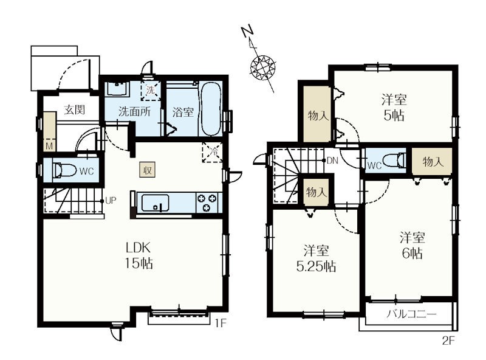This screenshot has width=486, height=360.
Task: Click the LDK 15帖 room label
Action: (139, 256)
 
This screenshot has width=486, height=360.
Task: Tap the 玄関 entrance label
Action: (74, 109)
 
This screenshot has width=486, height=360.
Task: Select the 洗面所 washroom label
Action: (134, 111)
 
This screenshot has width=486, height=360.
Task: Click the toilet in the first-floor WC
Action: (64, 170)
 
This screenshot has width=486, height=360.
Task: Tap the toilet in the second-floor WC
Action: (394, 161)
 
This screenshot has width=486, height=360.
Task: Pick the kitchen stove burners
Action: (207, 202)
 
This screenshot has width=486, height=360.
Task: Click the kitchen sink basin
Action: (156, 203)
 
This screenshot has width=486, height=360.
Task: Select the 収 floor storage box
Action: (147, 170)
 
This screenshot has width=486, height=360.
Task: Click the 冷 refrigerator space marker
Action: (212, 152)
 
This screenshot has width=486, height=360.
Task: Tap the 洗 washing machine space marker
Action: (150, 91)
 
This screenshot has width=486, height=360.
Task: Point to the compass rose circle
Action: (263, 67)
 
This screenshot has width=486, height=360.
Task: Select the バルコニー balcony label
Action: (411, 314)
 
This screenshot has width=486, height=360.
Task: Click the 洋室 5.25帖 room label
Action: (316, 258)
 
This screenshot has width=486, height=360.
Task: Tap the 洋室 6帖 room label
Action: (412, 246)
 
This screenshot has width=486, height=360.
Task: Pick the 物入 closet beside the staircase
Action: (316, 192)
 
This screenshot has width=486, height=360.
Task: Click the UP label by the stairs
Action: (111, 201)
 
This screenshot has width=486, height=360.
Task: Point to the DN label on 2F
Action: (332, 161)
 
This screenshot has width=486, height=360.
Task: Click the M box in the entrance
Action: (49, 145)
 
